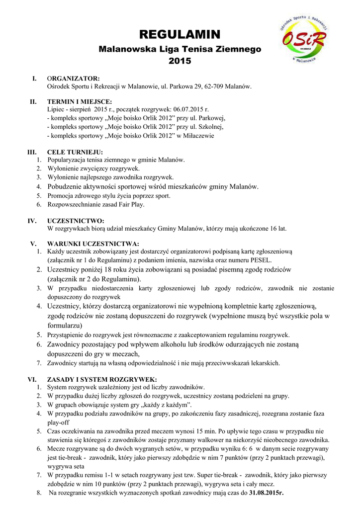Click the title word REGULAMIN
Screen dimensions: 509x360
180,34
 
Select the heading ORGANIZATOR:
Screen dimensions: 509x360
74,79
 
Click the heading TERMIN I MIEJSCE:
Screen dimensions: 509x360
80,101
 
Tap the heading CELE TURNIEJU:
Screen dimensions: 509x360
75,152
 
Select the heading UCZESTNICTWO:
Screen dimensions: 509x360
76,221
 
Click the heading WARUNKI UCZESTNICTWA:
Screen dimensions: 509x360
93,244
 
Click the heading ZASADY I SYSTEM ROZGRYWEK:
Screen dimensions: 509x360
102,379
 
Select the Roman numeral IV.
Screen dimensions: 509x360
32,221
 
